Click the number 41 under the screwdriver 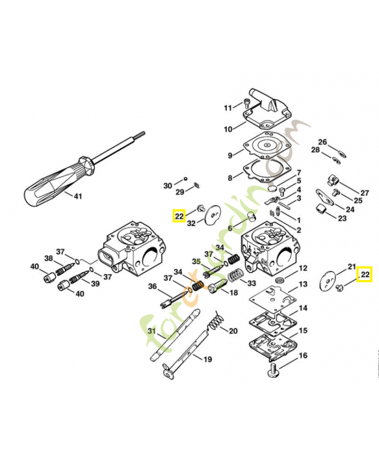point(77,196)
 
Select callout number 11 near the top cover point(228,108)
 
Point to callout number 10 point(228,129)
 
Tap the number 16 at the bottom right point(303,356)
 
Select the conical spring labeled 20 point(216,321)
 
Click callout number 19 point(207,359)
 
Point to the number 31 point(152,332)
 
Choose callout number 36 point(152,286)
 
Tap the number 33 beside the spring point(252,284)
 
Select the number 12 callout point(303,269)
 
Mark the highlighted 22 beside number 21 point(364,273)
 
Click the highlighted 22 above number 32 point(178,216)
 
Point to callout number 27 point(364,193)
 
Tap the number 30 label point(167,185)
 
